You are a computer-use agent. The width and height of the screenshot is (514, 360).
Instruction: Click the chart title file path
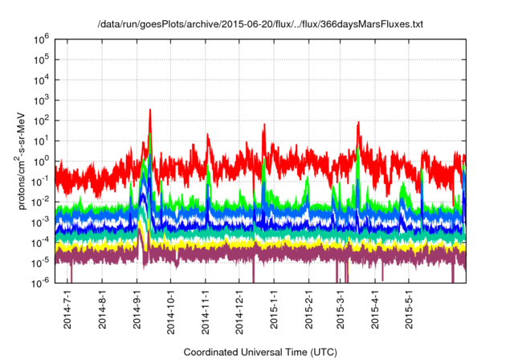(x=259, y=25)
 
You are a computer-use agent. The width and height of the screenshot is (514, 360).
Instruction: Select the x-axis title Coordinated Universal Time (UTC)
(x=259, y=352)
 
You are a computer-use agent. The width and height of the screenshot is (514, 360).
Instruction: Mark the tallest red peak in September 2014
(x=150, y=112)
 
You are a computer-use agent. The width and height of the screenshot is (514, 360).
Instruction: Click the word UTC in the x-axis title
(x=322, y=352)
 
